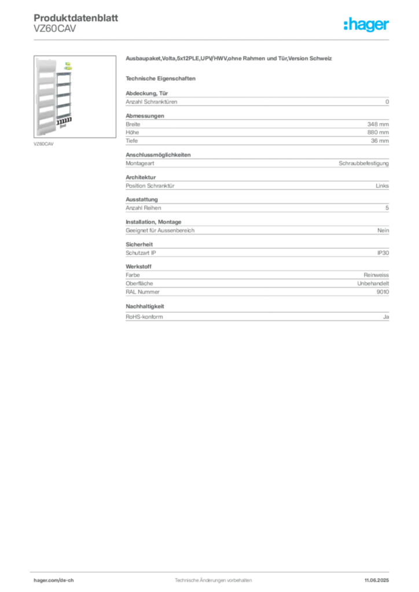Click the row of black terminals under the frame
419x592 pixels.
(65, 121)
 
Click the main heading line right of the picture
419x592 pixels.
(229, 60)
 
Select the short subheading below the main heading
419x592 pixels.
(162, 78)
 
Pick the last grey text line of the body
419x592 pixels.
(257, 316)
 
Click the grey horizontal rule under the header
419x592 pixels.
(213, 40)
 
